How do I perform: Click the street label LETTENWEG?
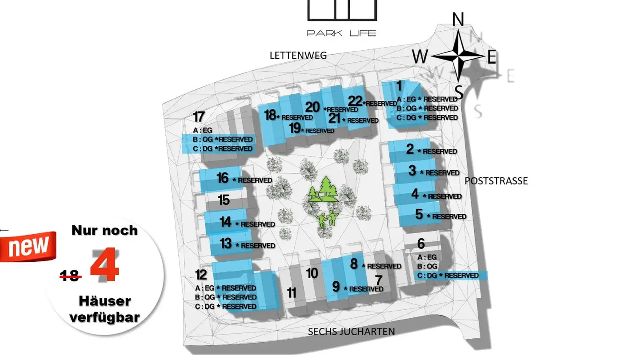(x=298, y=56)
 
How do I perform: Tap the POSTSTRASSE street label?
(x=496, y=181)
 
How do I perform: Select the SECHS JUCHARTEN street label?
(x=351, y=332)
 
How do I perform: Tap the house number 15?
(x=224, y=200)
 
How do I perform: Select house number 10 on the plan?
(x=312, y=273)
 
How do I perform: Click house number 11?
(x=292, y=293)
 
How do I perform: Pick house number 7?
(x=379, y=281)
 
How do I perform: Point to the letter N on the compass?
(x=458, y=20)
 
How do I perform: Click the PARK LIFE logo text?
(x=342, y=33)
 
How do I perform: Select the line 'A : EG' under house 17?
(x=203, y=130)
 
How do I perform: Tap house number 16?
(x=223, y=178)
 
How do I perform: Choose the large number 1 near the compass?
(x=399, y=86)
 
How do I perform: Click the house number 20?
(x=312, y=107)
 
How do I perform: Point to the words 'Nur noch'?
(x=104, y=231)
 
